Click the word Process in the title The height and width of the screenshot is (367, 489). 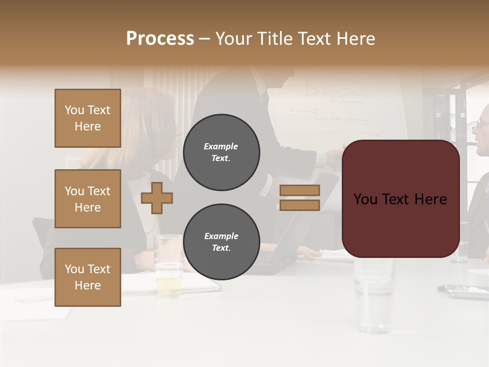[160, 38]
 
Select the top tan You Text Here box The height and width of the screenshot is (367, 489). [88, 118]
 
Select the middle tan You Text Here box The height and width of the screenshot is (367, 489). [88, 199]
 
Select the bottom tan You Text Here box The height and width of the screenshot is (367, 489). [88, 277]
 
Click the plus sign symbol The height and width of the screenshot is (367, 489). [157, 198]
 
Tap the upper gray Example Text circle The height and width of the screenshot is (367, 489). [221, 152]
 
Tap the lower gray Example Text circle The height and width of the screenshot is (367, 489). [221, 242]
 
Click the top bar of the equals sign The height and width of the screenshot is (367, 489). [300, 190]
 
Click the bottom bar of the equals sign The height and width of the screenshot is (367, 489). [300, 205]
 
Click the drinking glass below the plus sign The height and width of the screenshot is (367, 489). [169, 265]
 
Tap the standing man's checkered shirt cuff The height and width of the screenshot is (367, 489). [320, 159]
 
